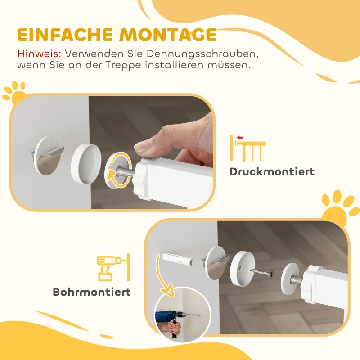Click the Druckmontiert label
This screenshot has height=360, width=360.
coord(272,171)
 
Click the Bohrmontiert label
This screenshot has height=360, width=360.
coord(92,292)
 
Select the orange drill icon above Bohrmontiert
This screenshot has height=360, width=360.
coord(113,267)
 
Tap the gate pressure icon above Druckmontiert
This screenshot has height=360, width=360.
coord(248,147)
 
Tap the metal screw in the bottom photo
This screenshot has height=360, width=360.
coord(262,272)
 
